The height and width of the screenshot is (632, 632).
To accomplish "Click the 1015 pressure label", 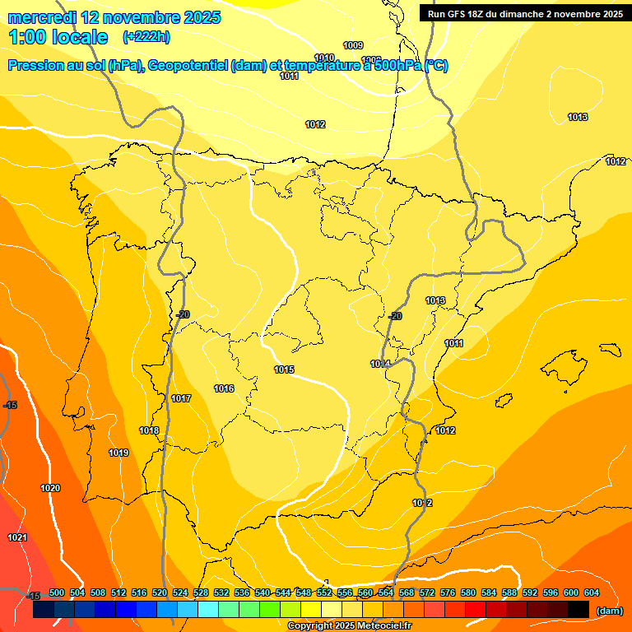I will pyautogui.click(x=284, y=369).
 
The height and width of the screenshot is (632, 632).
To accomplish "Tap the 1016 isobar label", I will pyautogui.click(x=224, y=388).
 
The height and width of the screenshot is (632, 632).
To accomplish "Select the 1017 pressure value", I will pyautogui.click(x=181, y=398).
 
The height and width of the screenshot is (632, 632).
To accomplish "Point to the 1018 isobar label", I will pyautogui.click(x=149, y=430).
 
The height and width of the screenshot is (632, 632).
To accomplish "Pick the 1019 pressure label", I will pyautogui.click(x=118, y=453).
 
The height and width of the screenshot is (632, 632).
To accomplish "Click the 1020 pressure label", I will pyautogui.click(x=50, y=488).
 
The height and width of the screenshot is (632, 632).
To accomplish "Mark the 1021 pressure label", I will pyautogui.click(x=17, y=537).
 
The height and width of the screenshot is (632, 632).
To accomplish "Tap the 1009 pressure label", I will pyautogui.click(x=353, y=45).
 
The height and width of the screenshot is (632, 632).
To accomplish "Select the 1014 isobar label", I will pyautogui.click(x=379, y=364).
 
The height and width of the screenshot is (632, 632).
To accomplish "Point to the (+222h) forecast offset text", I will pyautogui.click(x=146, y=37).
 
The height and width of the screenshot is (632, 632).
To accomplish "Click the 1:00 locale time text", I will pyautogui.click(x=58, y=37).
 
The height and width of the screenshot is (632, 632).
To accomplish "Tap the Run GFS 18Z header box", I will pyautogui.click(x=524, y=13).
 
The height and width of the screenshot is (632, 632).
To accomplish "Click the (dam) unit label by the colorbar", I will pyautogui.click(x=609, y=611).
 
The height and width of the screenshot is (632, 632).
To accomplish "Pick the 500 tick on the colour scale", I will pyautogui.click(x=57, y=592).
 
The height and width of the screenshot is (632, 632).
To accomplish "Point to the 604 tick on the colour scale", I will pyautogui.click(x=591, y=592).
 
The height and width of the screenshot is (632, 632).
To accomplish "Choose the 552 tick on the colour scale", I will pyautogui.click(x=324, y=592).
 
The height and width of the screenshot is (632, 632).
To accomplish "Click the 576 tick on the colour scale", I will pyautogui.click(x=448, y=592).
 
